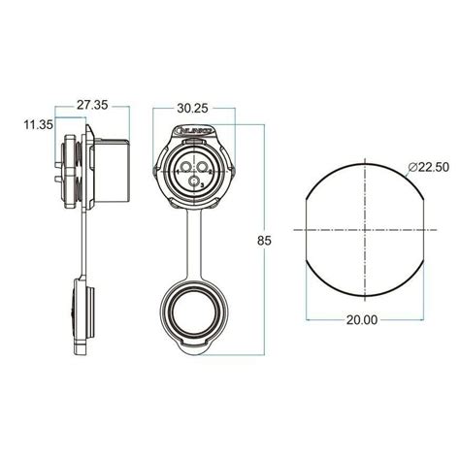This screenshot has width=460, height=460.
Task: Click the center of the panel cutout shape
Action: pyautogui.click(x=366, y=230)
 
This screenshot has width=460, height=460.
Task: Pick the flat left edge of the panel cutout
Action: pyautogui.click(x=308, y=230)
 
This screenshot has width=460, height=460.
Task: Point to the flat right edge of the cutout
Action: pyautogui.click(x=425, y=230)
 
